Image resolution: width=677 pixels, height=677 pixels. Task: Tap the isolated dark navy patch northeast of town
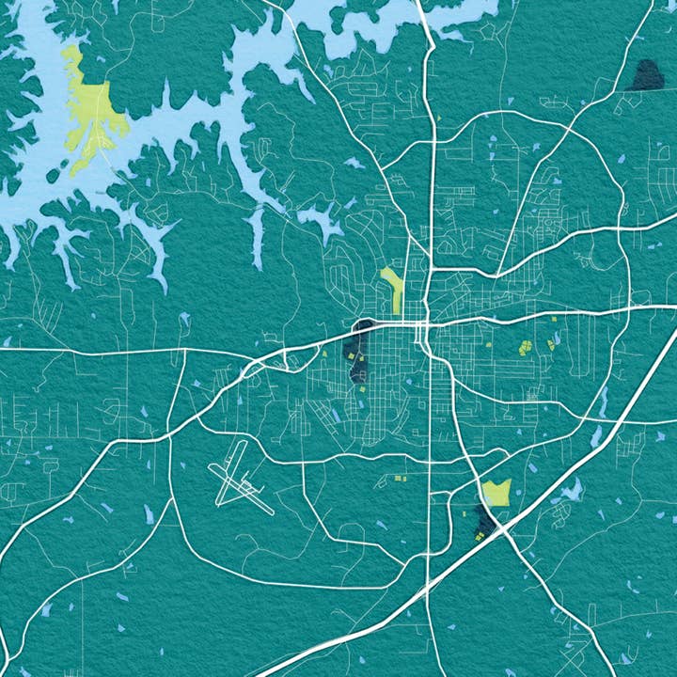click(x=646, y=75)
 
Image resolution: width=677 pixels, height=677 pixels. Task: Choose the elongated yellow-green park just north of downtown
click(x=392, y=288)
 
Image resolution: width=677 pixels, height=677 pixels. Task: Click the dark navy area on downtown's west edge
click(x=358, y=353)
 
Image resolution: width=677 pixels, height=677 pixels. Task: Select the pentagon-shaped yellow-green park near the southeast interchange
click(x=496, y=492)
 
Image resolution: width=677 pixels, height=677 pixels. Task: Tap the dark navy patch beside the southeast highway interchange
click(x=483, y=517)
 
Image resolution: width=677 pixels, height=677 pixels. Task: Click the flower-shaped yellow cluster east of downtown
click(x=526, y=347)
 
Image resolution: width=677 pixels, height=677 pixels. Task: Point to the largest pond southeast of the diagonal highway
click(x=569, y=490)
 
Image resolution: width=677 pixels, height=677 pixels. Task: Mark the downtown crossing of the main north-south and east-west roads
click(x=425, y=324)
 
